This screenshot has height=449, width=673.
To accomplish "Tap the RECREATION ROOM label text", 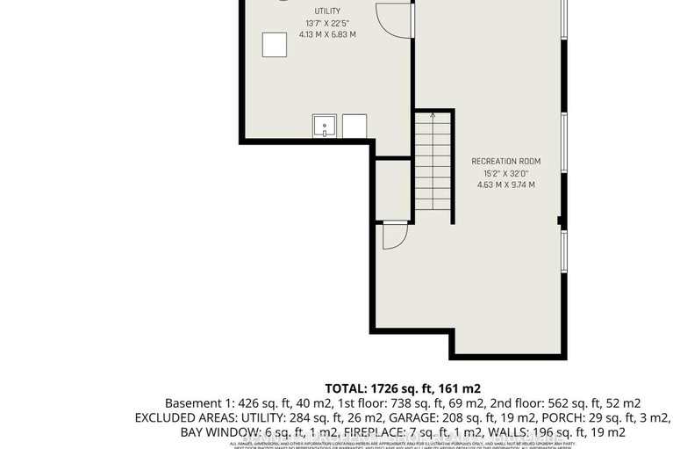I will (x=505, y=162).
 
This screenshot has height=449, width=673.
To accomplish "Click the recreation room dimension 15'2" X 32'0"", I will (x=505, y=173).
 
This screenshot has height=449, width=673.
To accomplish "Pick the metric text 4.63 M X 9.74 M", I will (x=505, y=185).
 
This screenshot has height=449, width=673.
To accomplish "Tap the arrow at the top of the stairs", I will (x=433, y=116).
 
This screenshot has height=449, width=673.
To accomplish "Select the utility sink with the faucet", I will (x=326, y=126).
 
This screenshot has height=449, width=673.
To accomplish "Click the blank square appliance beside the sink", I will (x=354, y=126).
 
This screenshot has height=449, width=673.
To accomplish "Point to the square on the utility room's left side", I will (x=274, y=45).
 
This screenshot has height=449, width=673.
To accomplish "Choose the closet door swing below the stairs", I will (x=394, y=235).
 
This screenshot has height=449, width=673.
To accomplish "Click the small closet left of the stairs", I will (x=392, y=188).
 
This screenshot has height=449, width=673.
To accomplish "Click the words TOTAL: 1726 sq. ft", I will (x=367, y=387).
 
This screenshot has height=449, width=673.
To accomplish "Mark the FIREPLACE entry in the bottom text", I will (x=386, y=431).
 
